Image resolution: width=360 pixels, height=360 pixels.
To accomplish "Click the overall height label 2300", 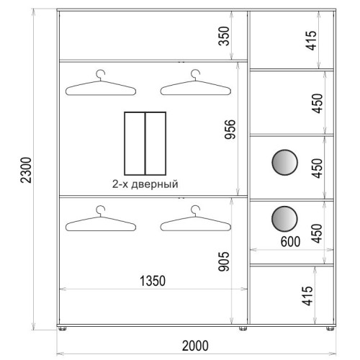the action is (26, 170).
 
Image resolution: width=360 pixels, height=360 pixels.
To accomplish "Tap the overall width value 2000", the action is (195, 346).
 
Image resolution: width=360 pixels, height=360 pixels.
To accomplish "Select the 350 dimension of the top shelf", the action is (224, 36).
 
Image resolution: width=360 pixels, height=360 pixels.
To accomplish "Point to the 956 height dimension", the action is (230, 130).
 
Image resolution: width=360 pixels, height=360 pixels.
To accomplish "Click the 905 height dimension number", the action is (224, 261).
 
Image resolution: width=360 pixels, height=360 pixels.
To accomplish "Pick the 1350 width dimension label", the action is (153, 281).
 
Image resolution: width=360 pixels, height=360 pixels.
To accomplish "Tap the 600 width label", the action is (290, 241).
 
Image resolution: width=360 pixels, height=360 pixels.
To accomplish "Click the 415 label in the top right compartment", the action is (311, 40).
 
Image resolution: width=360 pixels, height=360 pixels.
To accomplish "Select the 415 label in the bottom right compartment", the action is (307, 296).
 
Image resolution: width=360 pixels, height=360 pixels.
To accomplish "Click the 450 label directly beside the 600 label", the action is (317, 233).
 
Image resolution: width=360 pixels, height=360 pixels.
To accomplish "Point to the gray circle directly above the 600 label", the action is (284, 219).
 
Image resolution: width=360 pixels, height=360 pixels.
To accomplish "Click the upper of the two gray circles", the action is (285, 163).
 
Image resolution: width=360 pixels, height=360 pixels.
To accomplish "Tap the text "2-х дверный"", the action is (145, 184).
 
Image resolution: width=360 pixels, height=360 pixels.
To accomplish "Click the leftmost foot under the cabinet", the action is (62, 328).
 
